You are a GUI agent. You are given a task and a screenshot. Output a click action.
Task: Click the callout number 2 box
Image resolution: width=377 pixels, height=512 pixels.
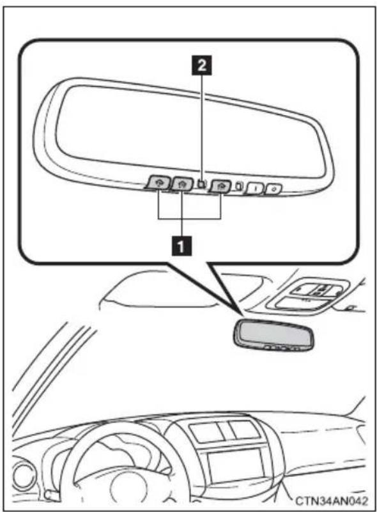point(202,65)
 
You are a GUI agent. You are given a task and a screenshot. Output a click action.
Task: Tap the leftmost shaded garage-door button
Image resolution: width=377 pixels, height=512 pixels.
point(158,183)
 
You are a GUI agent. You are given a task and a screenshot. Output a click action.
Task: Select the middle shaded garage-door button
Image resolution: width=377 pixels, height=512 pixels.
point(182,184)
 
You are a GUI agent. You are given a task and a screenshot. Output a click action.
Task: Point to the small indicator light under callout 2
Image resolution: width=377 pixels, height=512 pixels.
point(202,184)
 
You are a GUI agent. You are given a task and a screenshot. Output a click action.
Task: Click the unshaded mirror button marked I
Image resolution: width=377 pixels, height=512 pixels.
point(255,189)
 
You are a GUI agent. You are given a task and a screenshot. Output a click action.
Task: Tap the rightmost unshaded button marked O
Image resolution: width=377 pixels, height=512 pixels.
point(274,189)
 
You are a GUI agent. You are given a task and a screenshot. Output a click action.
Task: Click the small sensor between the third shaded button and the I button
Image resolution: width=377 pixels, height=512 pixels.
point(239,186)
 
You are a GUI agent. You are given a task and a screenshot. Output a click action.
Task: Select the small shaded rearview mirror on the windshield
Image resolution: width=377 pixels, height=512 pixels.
point(273,336)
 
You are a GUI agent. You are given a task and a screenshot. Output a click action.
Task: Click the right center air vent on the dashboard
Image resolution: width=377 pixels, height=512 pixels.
point(244,430)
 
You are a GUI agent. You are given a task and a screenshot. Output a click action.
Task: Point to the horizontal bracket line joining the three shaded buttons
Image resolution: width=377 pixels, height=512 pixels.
point(190,218)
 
